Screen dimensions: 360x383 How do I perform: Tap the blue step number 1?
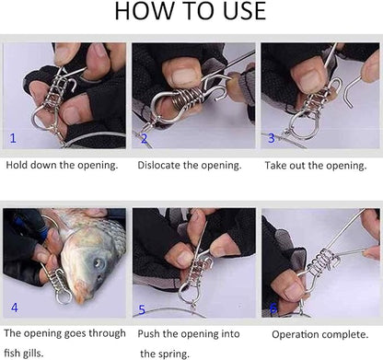click(x=13, y=138)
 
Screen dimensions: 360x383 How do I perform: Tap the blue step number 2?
click(x=144, y=139)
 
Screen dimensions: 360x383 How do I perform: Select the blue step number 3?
click(x=271, y=138)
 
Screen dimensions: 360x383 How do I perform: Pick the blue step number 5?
click(x=142, y=308)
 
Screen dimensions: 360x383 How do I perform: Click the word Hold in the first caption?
click(x=18, y=166)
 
